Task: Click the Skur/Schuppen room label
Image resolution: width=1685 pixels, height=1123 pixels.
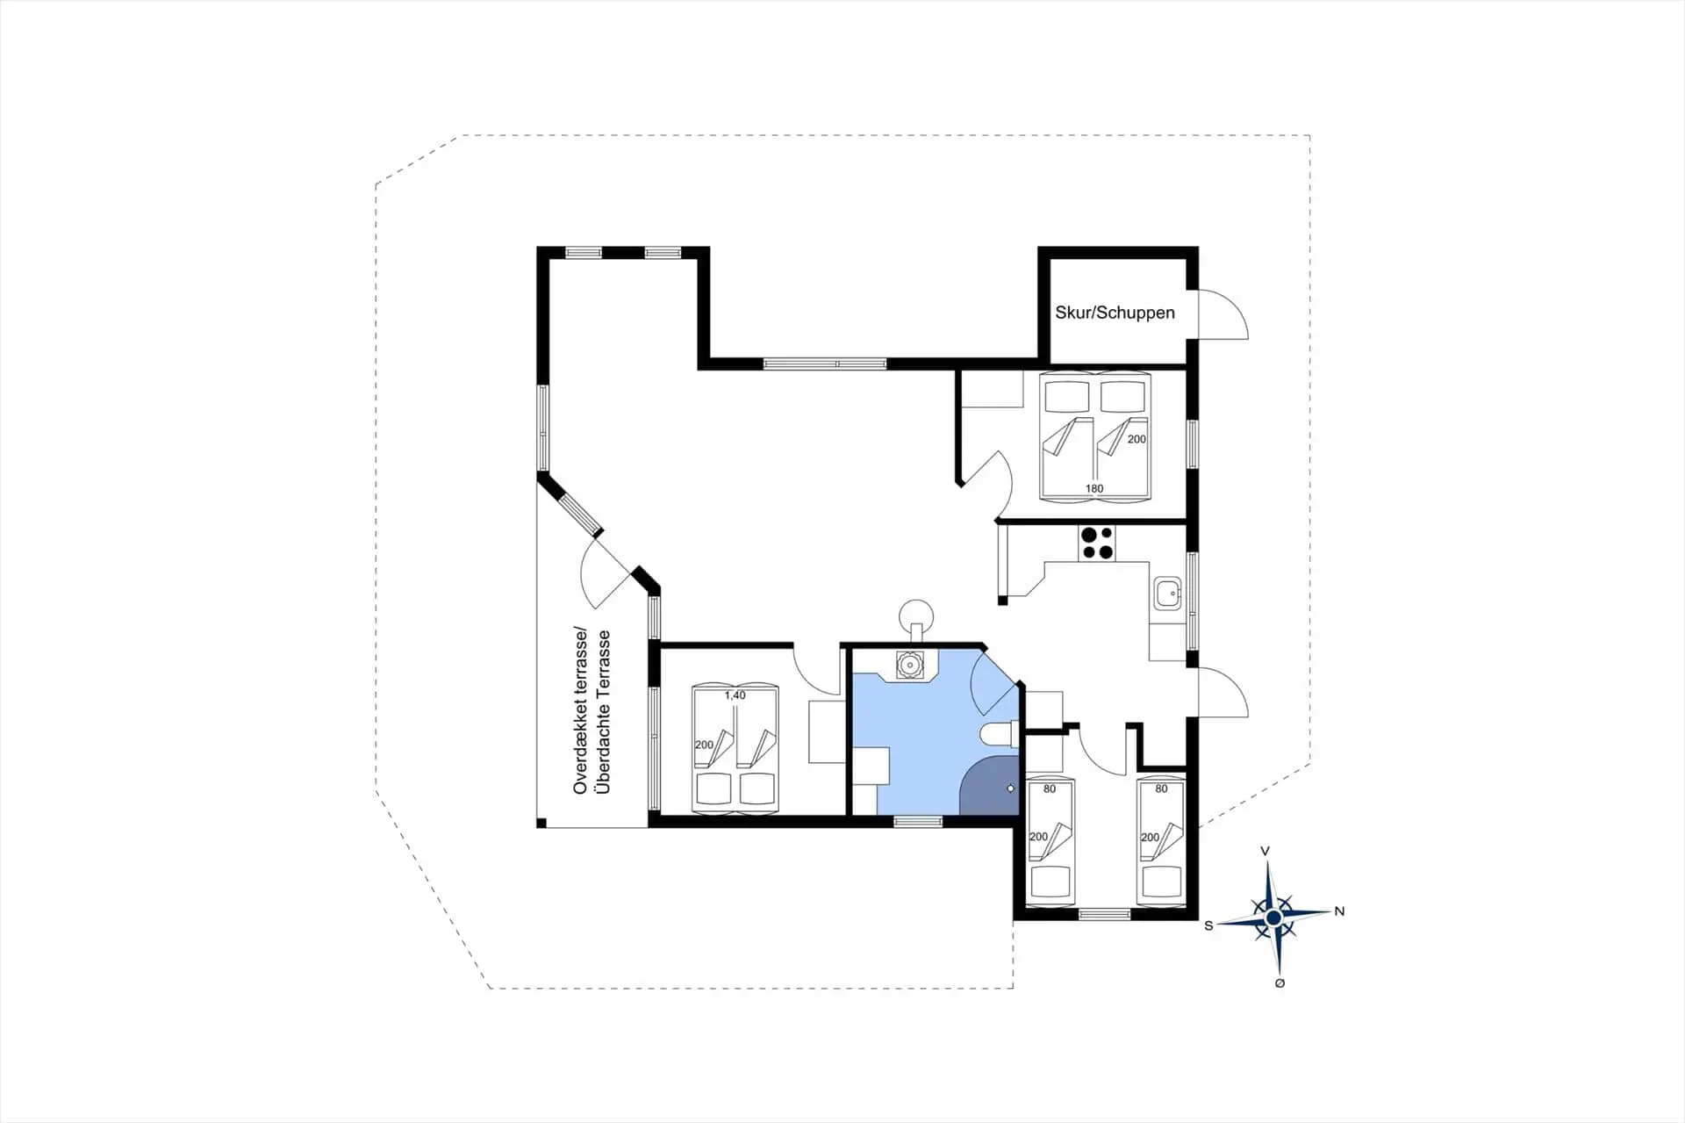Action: (x=1115, y=313)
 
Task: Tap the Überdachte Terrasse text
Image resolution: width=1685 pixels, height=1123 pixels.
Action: (x=603, y=712)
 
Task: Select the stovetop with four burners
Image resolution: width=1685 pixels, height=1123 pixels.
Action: (x=1096, y=543)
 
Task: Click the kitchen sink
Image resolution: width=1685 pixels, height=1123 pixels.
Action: (x=1167, y=594)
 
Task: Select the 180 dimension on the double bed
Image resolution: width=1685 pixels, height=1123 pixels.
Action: (x=1093, y=488)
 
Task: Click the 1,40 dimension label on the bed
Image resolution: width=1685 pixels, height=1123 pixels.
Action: (x=735, y=695)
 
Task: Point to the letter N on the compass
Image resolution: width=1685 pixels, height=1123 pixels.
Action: (x=1339, y=911)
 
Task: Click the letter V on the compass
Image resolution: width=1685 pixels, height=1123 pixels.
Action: (x=1265, y=852)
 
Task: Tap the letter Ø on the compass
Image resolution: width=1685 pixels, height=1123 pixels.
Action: (x=1280, y=983)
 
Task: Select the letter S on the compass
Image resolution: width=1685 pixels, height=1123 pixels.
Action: (x=1208, y=925)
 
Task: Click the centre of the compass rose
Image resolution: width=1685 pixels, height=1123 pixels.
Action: (x=1273, y=918)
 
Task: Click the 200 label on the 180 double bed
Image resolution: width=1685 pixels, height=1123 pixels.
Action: (x=1136, y=439)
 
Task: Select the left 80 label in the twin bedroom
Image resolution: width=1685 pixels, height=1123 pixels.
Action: (x=1050, y=788)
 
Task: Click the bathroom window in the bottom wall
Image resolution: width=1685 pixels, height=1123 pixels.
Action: (x=917, y=822)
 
